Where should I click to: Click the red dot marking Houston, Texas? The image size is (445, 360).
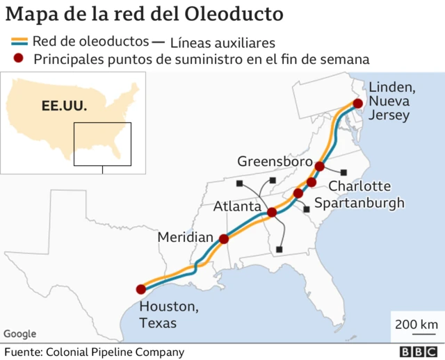[140, 289]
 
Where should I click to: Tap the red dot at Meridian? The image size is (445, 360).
[224, 239]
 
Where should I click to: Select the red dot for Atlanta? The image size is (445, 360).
[272, 212]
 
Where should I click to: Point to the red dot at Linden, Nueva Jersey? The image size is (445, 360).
[357, 104]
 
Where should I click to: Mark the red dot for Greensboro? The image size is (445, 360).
[320, 166]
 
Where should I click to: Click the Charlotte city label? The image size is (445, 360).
[359, 186]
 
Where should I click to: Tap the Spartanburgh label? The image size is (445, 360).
[359, 202]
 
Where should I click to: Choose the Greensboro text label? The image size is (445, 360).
[271, 161]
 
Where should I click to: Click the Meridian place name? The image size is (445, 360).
[185, 238]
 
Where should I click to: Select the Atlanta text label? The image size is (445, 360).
[237, 206]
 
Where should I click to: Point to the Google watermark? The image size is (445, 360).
[19, 334]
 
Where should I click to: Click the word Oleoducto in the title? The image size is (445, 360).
[234, 14]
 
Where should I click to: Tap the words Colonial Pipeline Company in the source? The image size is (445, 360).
[115, 352]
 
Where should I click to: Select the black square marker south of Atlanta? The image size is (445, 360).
[279, 249]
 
